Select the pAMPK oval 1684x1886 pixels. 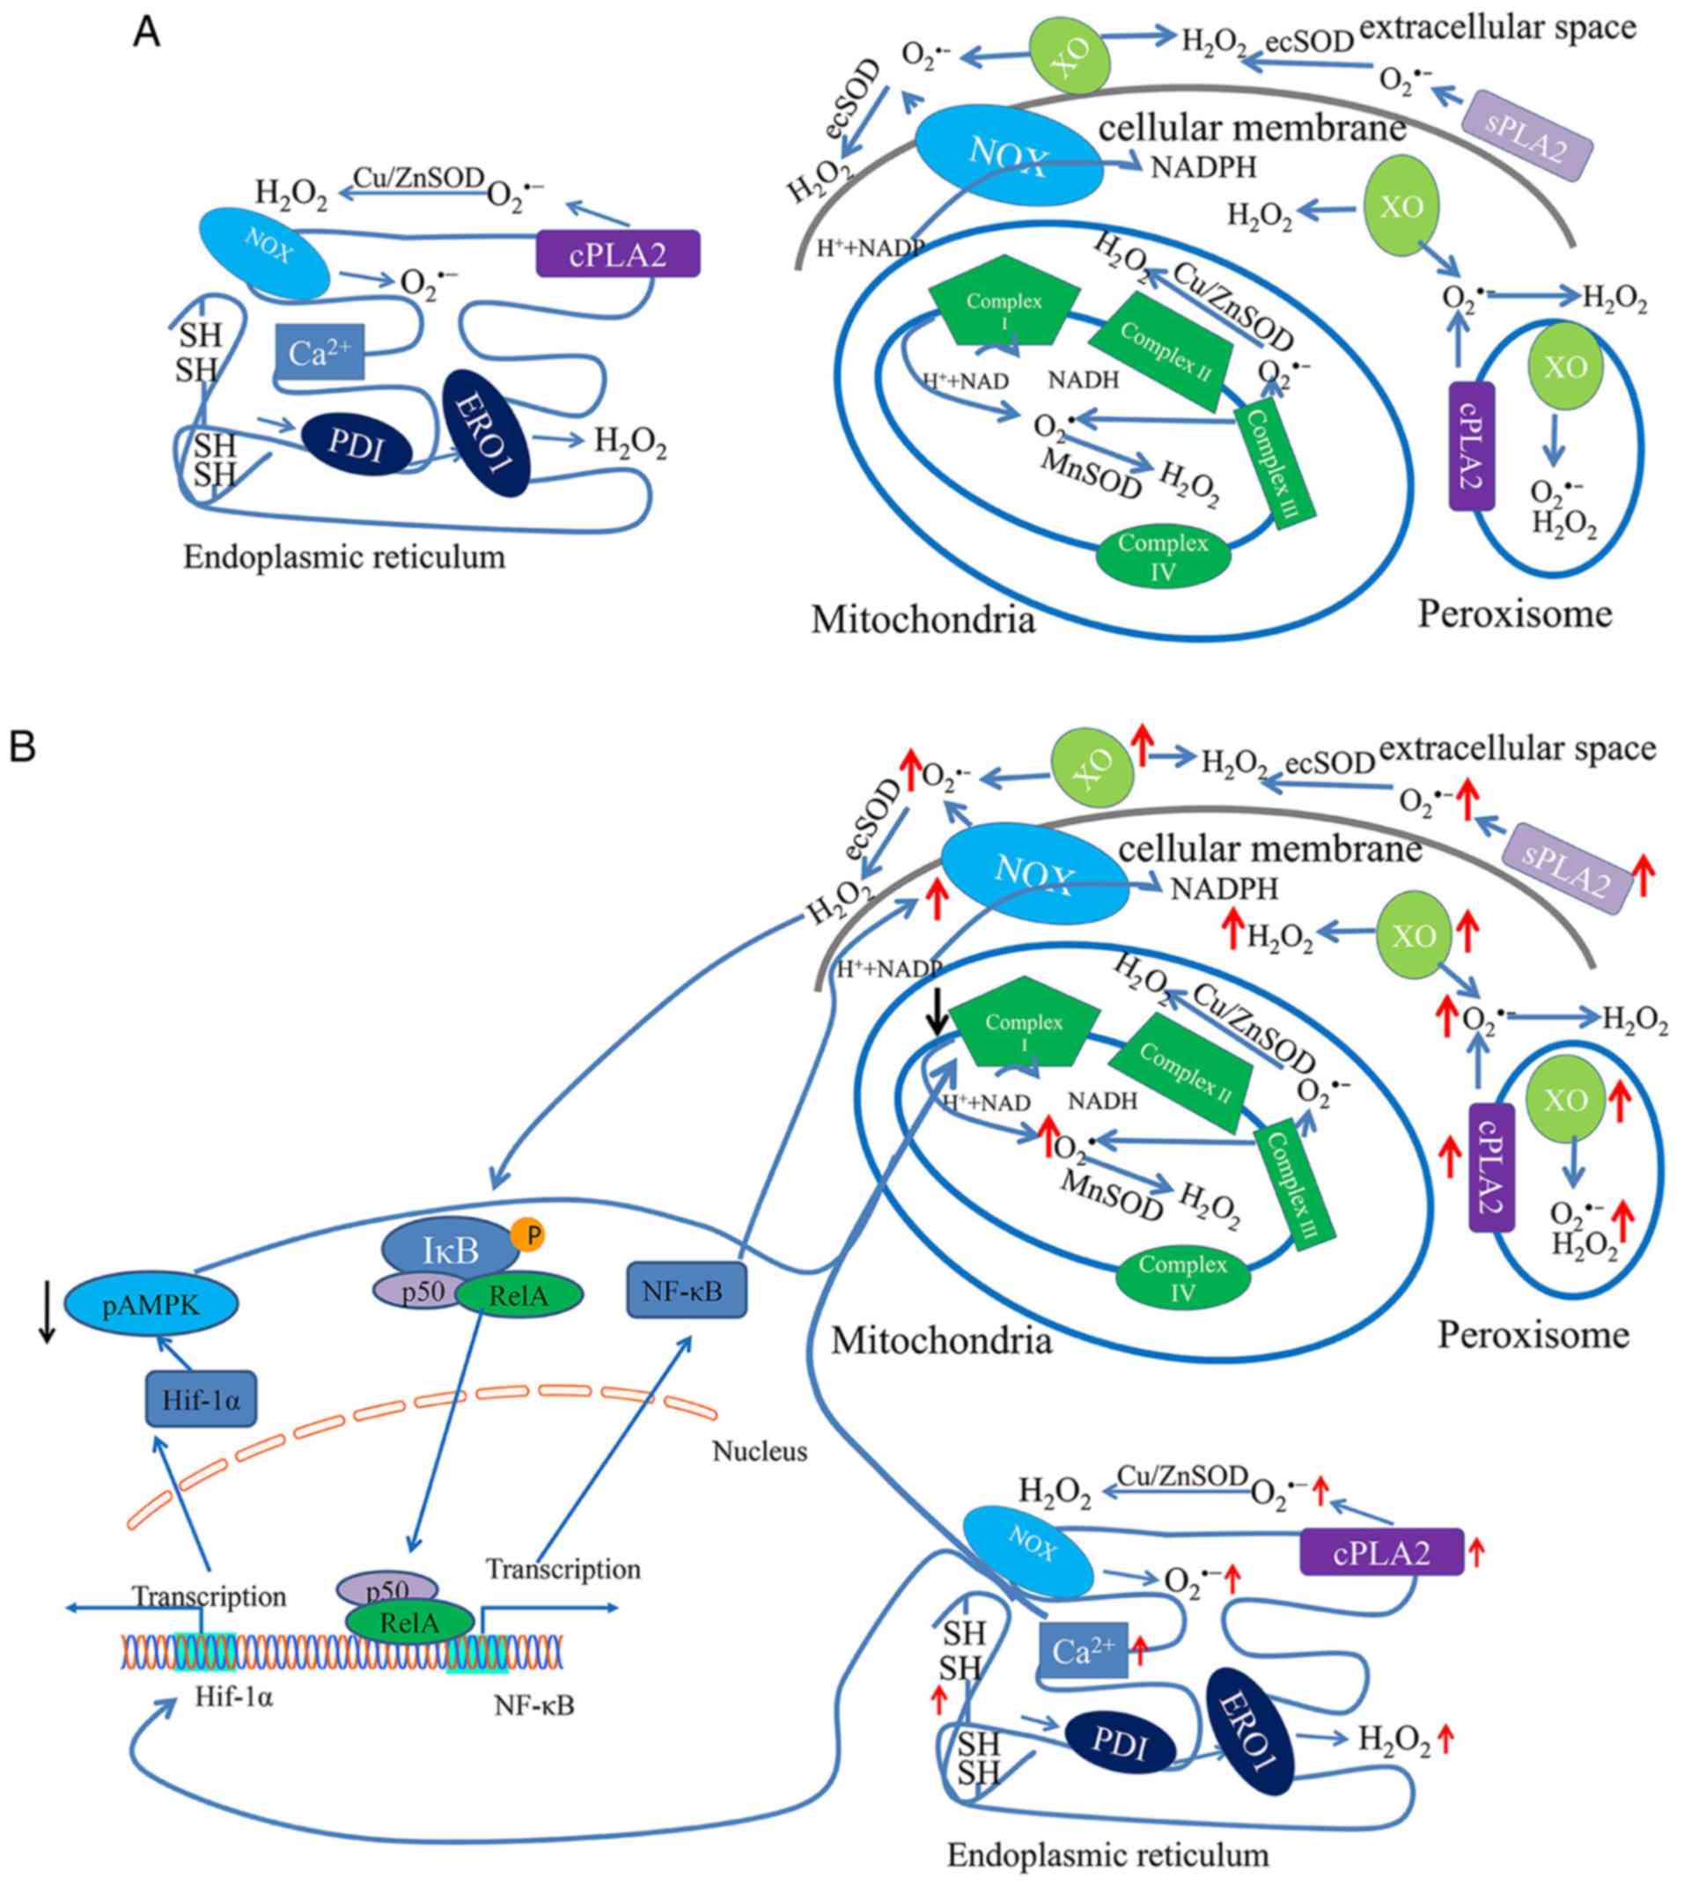(151, 1304)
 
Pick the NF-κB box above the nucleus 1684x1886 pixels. (686, 1289)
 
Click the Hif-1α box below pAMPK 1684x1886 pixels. (201, 1398)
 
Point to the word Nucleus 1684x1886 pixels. (760, 1450)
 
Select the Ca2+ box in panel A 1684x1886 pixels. (320, 351)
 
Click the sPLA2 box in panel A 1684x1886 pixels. (1526, 136)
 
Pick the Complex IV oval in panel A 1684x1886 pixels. (1163, 556)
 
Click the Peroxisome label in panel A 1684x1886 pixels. (1515, 614)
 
